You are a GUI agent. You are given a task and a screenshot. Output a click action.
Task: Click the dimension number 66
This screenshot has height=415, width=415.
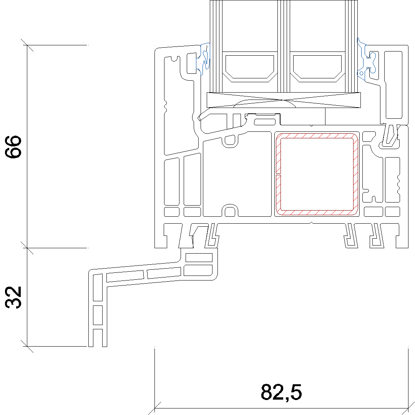point(13,147)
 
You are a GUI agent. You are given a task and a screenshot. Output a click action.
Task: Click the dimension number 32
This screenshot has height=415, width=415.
point(13,297)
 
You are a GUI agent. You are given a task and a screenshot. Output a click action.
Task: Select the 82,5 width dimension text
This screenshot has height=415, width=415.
point(281,392)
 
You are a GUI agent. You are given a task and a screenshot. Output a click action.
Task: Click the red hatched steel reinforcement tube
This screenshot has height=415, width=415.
point(317,174)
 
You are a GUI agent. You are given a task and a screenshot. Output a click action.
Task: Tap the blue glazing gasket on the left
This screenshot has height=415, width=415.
point(203,59)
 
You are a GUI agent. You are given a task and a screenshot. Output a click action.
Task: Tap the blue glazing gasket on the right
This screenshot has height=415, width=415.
point(366,60)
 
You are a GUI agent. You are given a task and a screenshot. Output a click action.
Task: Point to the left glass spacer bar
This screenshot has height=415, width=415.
point(250,67)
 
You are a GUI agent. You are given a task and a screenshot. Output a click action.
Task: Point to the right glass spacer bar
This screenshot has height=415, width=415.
point(317,67)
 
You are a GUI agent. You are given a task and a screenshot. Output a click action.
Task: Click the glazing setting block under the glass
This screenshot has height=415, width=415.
point(284,100)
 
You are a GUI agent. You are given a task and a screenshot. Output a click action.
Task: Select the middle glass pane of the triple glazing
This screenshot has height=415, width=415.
point(284,46)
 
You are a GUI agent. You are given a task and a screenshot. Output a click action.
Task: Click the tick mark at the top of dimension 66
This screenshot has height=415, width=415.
point(27,45)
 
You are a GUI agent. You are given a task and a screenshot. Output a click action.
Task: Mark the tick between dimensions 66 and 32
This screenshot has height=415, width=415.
point(27,248)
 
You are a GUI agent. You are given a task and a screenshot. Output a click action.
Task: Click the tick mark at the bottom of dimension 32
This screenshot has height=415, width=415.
point(27,346)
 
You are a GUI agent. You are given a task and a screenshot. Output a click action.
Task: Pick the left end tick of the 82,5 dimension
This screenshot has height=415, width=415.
point(154,408)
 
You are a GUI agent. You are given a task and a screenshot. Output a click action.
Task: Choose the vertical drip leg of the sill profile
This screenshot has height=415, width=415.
point(98,309)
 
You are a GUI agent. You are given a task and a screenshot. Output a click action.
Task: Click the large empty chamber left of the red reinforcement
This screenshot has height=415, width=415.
point(237,174)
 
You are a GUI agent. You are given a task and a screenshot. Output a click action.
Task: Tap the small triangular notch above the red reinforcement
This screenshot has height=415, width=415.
point(311,126)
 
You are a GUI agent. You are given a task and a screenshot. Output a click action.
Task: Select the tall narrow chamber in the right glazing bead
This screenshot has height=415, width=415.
point(393,85)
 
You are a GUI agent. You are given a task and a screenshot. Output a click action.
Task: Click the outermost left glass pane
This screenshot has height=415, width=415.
point(216,46)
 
